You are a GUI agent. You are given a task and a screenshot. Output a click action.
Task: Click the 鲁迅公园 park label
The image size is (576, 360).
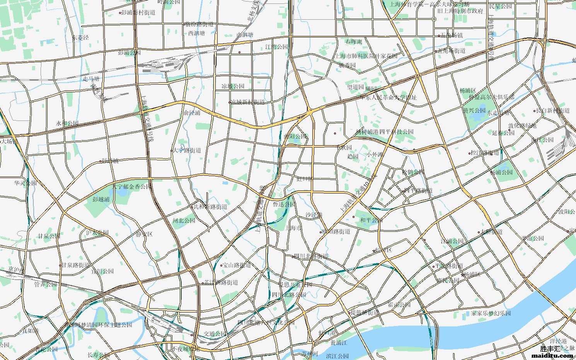coord(284,204)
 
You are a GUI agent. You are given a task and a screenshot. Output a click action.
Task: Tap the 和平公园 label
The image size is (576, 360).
coord(371,220)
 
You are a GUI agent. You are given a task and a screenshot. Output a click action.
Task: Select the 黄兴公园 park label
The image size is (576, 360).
coord(474,110)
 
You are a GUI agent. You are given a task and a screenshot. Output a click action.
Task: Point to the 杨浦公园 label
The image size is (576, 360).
coord(501,172)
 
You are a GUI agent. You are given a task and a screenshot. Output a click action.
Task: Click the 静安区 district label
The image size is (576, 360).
coord(144,234)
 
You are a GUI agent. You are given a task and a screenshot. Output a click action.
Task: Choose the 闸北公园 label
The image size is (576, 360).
coord(184,221)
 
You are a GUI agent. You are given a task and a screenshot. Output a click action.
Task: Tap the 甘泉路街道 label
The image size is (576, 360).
coord(76,265)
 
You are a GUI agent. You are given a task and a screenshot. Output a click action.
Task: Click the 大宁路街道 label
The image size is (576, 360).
coord(187,150)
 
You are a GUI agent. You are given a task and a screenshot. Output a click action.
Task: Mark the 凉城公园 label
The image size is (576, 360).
coord(233,86)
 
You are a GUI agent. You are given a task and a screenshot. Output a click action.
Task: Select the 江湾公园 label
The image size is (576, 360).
coord(276,47)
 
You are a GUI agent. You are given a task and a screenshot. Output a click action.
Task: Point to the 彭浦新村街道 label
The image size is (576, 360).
coord(138,12)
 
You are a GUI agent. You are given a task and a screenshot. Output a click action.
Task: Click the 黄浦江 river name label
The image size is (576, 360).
coord(339,343)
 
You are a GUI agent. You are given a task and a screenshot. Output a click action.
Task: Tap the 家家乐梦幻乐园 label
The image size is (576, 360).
coord(491,313)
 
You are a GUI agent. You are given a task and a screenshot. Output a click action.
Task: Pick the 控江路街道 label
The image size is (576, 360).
coord(485,153)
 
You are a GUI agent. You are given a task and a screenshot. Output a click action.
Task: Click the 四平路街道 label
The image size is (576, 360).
coord(418,191)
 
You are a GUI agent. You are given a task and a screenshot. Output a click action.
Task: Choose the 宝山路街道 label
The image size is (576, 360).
coord(237,265)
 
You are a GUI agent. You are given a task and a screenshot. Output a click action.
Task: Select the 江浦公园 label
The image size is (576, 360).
coord(452,241)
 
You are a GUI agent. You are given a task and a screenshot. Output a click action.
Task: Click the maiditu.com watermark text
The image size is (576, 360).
coord(552,355)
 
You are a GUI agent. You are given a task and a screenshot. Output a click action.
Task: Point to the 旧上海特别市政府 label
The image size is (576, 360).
coord(460,11)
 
